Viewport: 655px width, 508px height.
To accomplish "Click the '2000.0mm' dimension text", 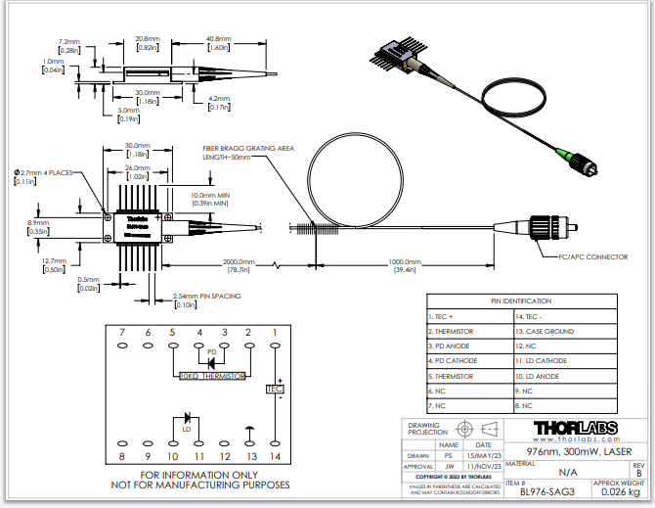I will tap(238, 262).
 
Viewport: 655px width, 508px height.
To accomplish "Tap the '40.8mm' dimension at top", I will tap(218, 38).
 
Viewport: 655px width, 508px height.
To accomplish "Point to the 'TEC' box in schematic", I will tap(274, 390).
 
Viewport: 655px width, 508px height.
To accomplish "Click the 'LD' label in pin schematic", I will tap(185, 428).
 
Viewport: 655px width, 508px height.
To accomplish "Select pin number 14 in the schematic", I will tap(275, 456).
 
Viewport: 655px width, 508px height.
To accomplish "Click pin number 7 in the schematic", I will tap(123, 333).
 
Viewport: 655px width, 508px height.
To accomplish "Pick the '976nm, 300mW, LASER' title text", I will tap(574, 452).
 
